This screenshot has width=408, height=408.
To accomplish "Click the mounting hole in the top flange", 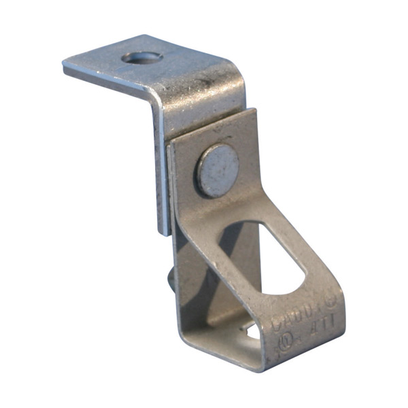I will (x=142, y=58).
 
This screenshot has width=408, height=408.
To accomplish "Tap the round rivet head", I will (x=218, y=170).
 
